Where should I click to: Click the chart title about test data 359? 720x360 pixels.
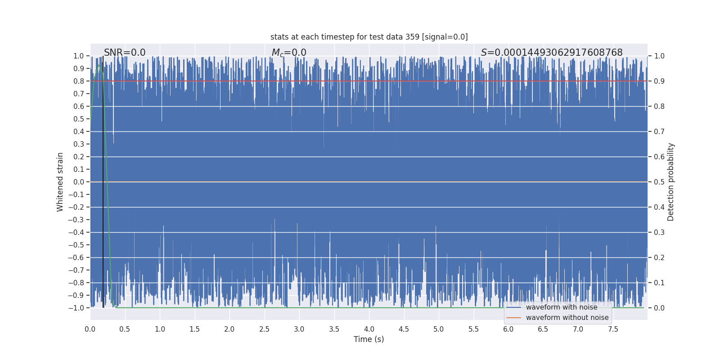point(369,37)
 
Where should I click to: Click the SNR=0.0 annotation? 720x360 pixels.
point(125,53)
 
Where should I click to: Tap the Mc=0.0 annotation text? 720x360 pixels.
point(289,53)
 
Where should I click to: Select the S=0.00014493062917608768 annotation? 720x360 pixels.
point(552,53)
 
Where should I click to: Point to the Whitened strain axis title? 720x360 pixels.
point(60,182)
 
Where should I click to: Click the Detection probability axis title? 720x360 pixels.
point(670,182)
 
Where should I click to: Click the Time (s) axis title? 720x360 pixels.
point(369,339)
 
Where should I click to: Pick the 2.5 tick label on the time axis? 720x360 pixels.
point(264,329)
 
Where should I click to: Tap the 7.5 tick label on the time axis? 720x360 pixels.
point(613,329)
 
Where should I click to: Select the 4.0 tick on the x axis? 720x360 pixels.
point(369,329)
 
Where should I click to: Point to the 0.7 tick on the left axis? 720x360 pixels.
point(79,94)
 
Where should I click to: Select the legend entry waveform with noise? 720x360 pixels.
point(562,307)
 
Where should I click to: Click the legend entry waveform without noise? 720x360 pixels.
point(567,318)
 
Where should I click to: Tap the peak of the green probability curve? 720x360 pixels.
point(99,65)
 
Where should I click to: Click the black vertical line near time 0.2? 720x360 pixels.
point(103,180)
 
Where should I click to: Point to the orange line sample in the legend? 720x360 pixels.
point(513,318)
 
